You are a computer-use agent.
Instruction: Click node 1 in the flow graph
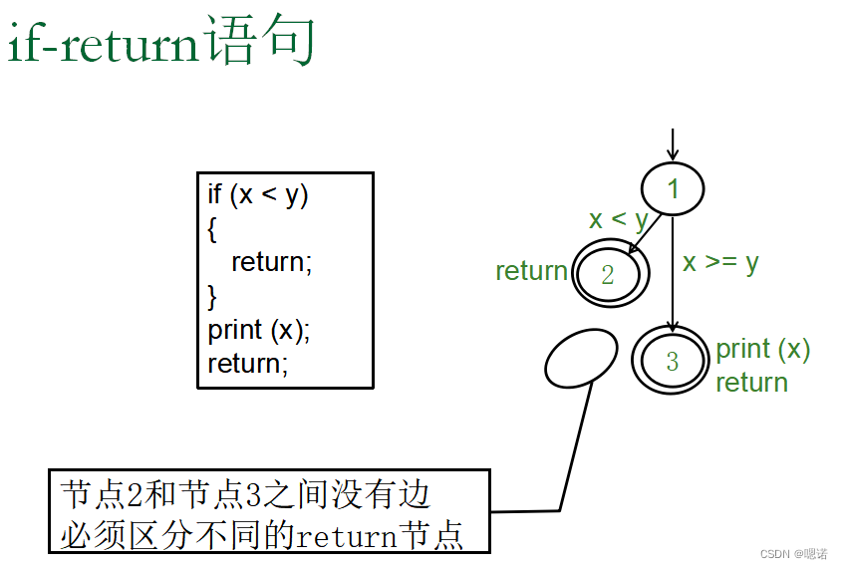673,188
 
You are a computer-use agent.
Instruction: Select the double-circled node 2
610,274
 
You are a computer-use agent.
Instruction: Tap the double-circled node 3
672,360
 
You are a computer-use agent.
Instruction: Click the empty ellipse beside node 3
582,356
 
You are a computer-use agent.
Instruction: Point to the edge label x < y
618,219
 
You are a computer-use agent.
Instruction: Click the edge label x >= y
720,262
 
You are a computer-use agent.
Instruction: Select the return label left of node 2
531,271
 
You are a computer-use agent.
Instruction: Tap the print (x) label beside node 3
763,349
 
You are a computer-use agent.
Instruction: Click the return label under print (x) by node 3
751,382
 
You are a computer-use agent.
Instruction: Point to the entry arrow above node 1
673,144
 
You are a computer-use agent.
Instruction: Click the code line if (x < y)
258,194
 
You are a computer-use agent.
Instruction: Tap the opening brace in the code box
212,228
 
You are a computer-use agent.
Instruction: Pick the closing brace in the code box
212,296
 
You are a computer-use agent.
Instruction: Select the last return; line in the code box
247,364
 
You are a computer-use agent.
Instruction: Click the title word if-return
105,42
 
